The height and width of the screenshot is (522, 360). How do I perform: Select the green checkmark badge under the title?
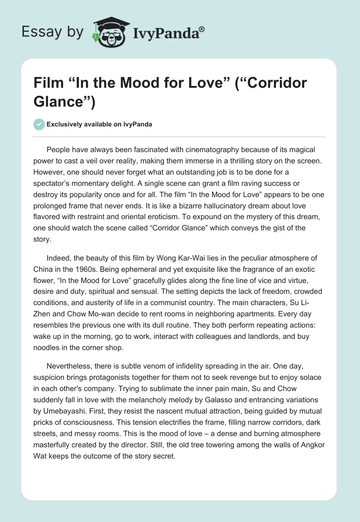coord(39,124)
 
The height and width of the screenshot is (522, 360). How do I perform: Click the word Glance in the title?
coord(60,101)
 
